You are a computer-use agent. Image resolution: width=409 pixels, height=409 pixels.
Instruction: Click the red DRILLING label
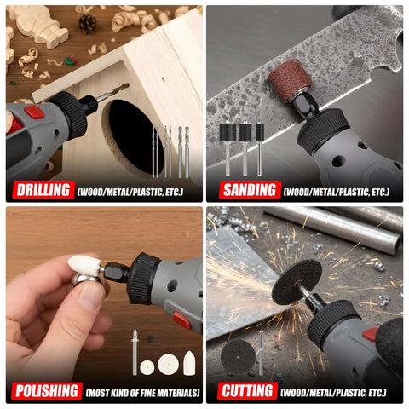(x=43, y=190)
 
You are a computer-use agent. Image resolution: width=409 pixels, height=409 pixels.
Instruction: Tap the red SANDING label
(x=250, y=190)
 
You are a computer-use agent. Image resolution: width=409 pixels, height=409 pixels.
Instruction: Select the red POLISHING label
(x=47, y=391)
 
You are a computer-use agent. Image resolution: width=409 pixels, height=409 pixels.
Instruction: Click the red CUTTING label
(x=247, y=391)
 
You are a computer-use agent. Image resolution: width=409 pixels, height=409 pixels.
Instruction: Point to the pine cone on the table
(x=87, y=24)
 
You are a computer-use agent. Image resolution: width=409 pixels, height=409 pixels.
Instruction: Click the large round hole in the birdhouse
(x=134, y=137)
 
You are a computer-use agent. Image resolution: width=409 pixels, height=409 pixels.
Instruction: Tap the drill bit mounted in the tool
(x=112, y=91)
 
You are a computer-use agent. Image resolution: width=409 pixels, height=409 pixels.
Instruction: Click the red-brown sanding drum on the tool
(x=291, y=80)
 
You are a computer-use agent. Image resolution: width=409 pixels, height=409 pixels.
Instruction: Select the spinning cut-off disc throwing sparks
(x=297, y=281)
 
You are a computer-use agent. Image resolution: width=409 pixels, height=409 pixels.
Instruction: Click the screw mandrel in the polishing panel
(x=135, y=352)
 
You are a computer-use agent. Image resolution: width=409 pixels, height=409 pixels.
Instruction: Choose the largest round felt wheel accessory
(x=169, y=365)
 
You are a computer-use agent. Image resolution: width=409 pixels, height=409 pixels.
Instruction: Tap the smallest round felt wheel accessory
(x=147, y=367)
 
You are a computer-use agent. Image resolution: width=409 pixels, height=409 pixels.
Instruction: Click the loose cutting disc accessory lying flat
(x=238, y=357)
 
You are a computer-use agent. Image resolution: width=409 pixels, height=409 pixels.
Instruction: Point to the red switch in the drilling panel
(x=34, y=112)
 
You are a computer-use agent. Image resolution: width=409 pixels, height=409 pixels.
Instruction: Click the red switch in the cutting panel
(x=371, y=334)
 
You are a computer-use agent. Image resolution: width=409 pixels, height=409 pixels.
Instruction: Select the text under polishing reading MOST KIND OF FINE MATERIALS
(x=142, y=393)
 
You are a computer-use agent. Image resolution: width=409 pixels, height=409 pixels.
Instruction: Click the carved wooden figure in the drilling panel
(x=38, y=26)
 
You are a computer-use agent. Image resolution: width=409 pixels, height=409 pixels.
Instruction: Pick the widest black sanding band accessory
(x=228, y=132)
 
